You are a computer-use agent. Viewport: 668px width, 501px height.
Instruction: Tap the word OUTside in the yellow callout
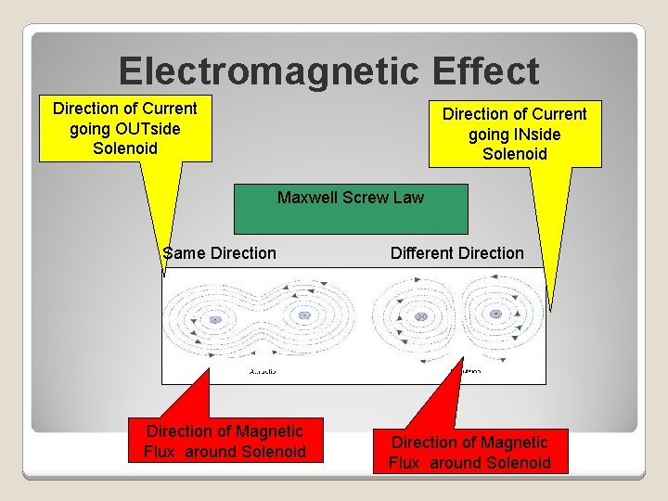[x=137, y=128]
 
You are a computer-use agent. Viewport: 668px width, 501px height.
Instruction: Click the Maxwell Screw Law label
[x=351, y=197]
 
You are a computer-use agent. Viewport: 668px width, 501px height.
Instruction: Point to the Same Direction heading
[x=219, y=253]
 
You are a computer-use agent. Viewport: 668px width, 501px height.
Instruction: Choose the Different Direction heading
[x=456, y=253]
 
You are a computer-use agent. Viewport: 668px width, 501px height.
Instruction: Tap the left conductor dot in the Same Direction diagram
[x=214, y=319]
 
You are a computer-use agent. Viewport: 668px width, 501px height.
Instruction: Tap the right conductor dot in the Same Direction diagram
[x=303, y=316]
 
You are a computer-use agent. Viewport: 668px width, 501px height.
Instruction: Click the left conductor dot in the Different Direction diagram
[x=421, y=317]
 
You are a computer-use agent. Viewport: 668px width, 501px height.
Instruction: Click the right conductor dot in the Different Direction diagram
[x=496, y=315]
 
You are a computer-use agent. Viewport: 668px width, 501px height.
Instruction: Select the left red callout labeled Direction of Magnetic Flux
[x=225, y=441]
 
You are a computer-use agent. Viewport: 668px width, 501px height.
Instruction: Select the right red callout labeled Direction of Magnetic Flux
[x=469, y=452]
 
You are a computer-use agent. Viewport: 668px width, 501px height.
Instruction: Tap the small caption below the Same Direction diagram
[x=263, y=372]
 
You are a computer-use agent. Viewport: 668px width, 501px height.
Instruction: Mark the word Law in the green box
[x=408, y=197]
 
